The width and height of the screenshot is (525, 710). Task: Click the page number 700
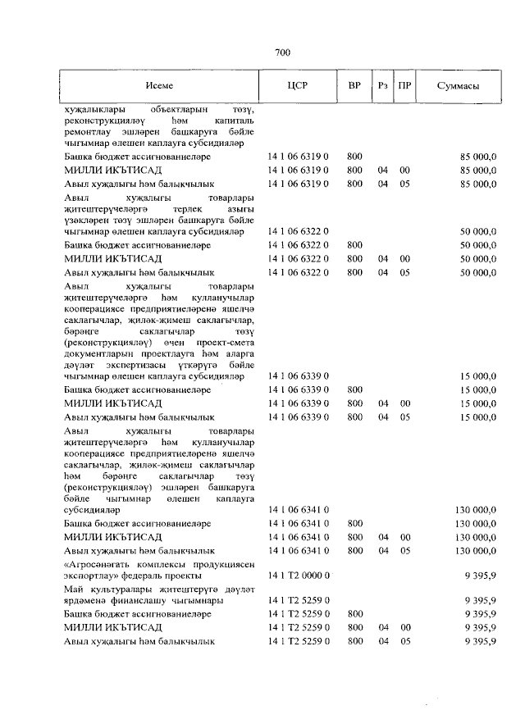[283, 53]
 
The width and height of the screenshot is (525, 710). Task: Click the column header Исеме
[159, 86]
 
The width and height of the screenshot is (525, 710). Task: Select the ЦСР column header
[298, 86]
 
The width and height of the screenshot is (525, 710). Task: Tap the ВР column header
[354, 86]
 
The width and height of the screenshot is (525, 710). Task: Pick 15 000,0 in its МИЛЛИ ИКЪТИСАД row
[477, 403]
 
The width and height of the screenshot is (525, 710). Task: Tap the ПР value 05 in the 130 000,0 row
[404, 551]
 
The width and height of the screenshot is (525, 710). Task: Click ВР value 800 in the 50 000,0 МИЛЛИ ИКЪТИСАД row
[354, 258]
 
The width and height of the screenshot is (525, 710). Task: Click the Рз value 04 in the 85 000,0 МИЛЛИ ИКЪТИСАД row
[381, 170]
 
